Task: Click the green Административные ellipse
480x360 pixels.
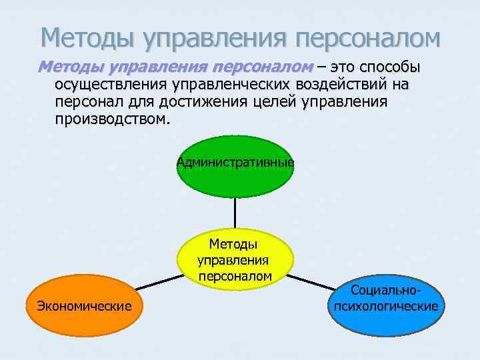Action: click(x=235, y=167)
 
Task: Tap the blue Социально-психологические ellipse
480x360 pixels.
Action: click(x=386, y=307)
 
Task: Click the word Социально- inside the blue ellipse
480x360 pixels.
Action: click(x=386, y=291)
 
